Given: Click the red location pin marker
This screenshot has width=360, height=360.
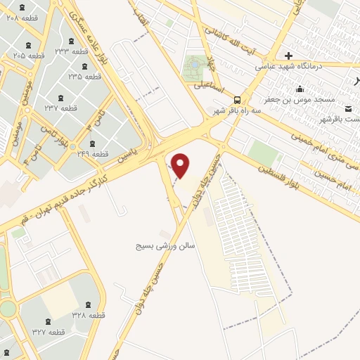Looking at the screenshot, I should (181, 166).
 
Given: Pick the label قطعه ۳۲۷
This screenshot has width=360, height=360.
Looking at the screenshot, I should (47, 331).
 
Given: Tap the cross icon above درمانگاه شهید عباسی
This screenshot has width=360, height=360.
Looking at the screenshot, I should (288, 55).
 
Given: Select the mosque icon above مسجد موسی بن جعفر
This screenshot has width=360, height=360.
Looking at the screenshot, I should (300, 89).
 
